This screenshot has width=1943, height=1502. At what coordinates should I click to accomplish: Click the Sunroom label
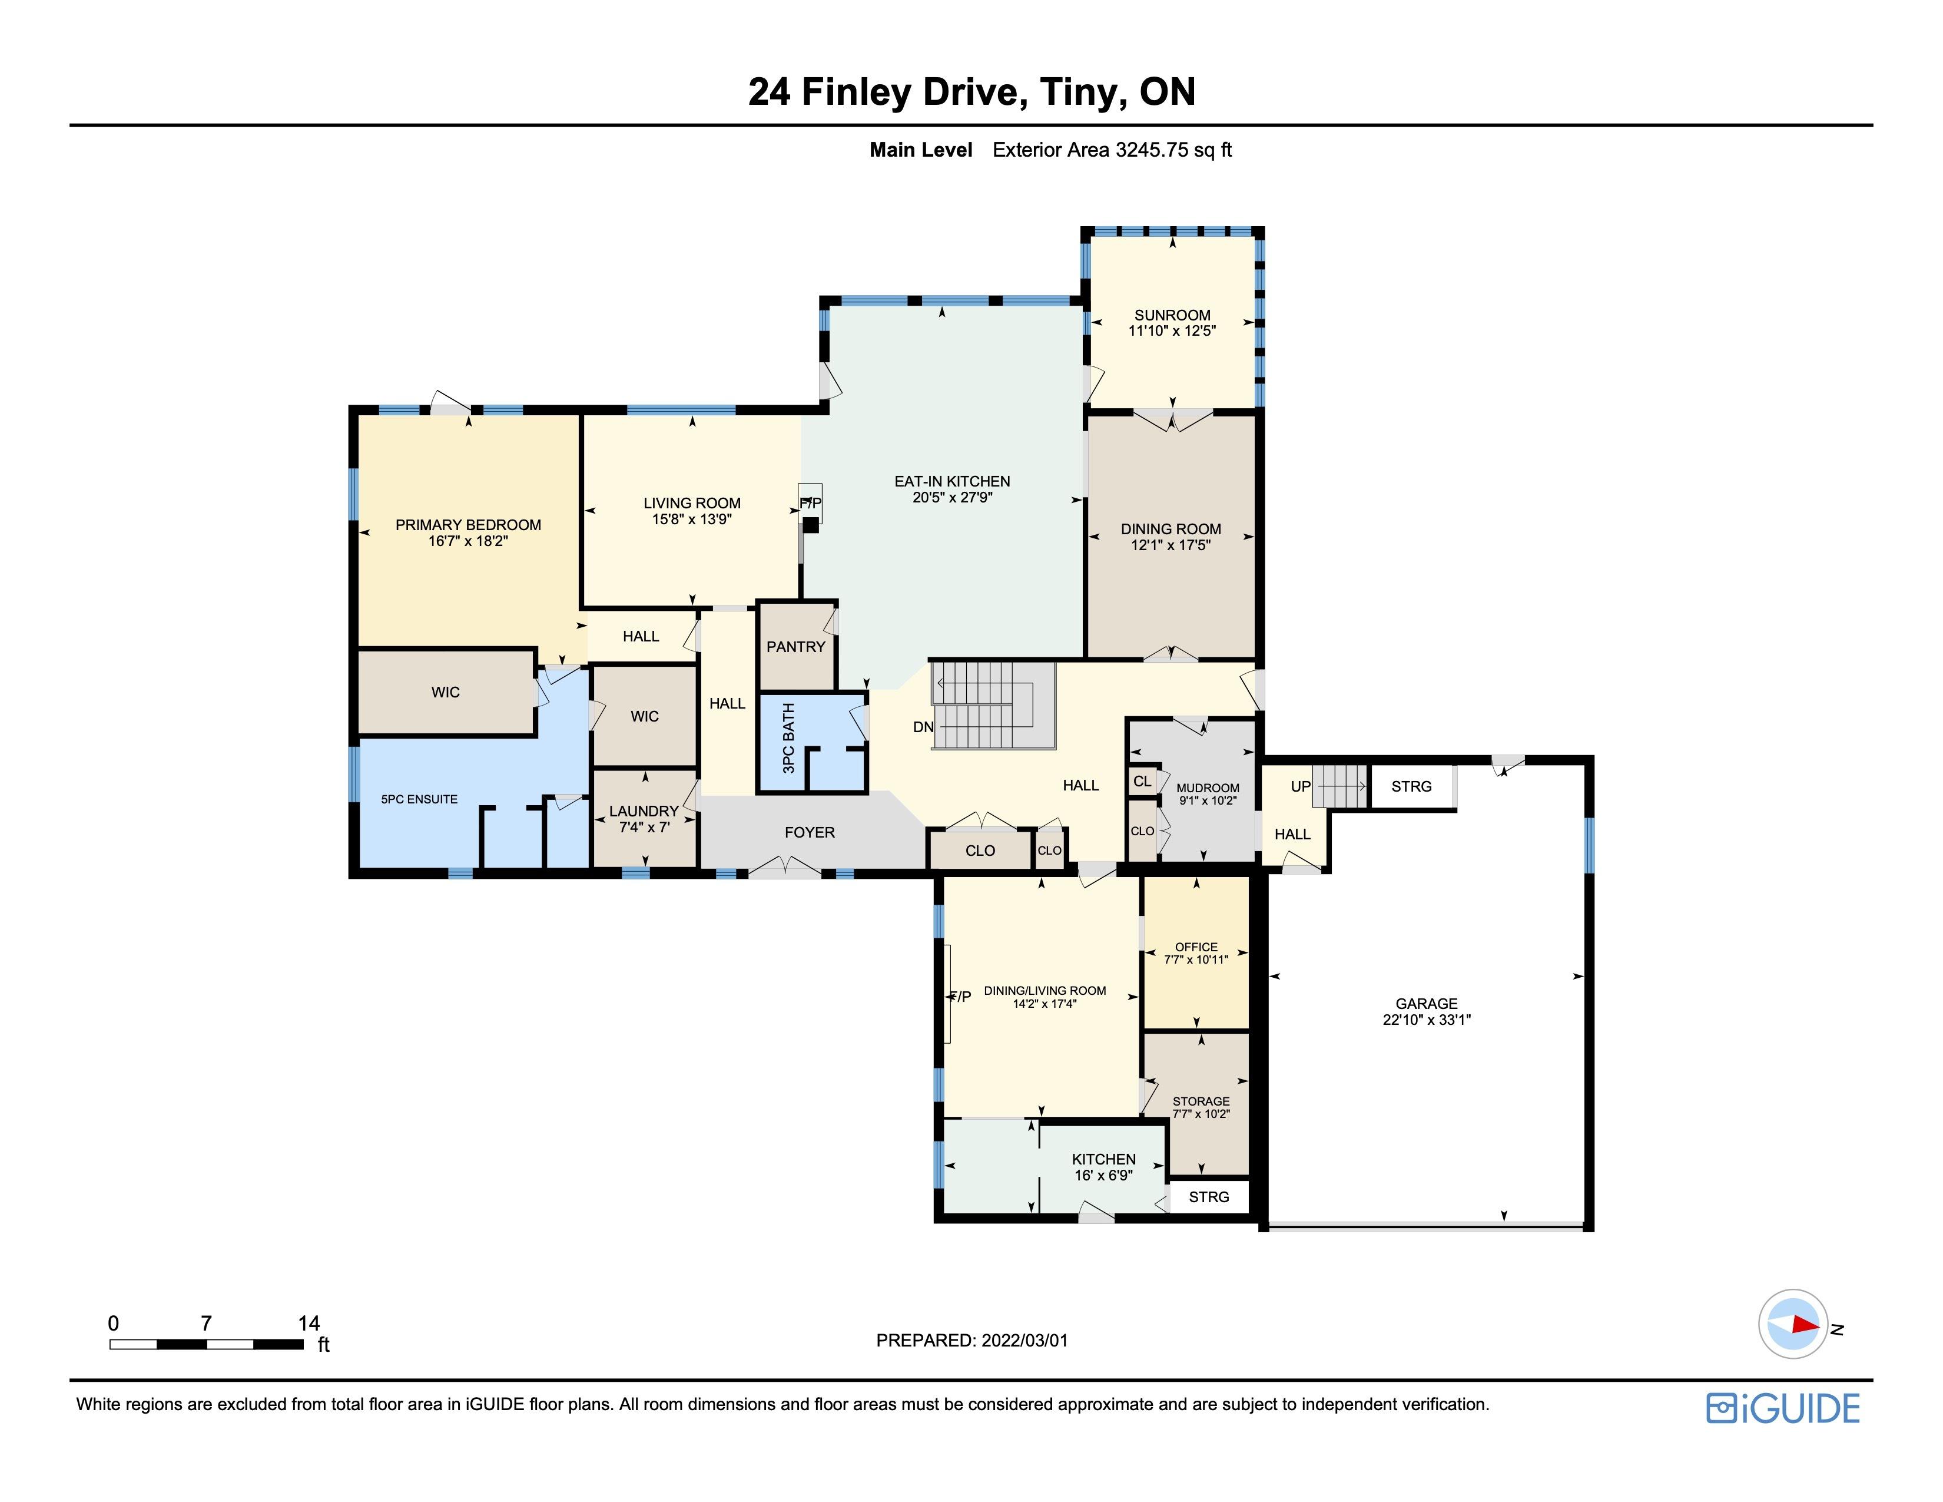tap(1172, 315)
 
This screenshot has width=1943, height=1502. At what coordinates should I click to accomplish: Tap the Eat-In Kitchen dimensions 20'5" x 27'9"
tap(952, 497)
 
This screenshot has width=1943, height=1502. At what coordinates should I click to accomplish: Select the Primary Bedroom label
tap(468, 525)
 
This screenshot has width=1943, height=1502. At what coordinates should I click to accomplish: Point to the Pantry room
tap(796, 647)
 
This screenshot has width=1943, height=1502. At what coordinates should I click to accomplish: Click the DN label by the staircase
tap(923, 727)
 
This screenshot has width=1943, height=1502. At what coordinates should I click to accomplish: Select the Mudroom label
tap(1207, 788)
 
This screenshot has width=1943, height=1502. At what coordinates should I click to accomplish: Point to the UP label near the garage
tap(1301, 786)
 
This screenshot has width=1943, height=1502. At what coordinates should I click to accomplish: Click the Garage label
tap(1426, 1004)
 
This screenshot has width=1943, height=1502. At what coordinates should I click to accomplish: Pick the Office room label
tap(1196, 947)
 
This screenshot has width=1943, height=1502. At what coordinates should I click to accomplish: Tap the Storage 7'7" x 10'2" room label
tap(1201, 1107)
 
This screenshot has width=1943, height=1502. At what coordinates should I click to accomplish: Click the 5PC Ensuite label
tap(419, 799)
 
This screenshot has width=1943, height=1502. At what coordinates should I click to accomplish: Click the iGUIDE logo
tap(1783, 1408)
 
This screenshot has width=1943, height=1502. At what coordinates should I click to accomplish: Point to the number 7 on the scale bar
tap(207, 1323)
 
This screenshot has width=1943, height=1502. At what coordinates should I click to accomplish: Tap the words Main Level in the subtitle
tap(921, 150)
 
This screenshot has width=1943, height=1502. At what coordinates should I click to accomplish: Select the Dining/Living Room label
tap(1045, 990)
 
